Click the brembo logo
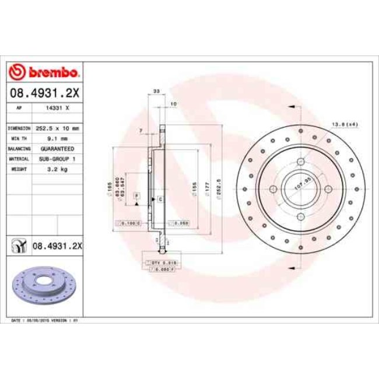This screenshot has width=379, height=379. (44, 72)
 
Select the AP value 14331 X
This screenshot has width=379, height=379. (58, 108)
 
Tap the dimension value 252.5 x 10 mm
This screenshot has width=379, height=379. (58, 128)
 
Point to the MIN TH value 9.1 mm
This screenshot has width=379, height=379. (58, 138)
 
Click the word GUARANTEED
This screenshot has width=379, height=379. (58, 149)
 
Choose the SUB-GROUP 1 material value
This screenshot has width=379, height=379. (58, 159)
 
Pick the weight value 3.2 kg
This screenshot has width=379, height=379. (58, 169)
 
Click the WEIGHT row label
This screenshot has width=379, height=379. (20, 169)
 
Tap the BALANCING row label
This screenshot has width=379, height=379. (19, 149)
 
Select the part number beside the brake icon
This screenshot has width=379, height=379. (57, 246)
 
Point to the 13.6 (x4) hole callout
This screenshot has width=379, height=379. (344, 124)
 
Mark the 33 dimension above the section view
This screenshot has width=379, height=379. (156, 92)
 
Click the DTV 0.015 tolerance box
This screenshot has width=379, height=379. (164, 264)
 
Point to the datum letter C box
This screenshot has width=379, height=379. (159, 199)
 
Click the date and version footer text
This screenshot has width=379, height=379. (45, 321)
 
